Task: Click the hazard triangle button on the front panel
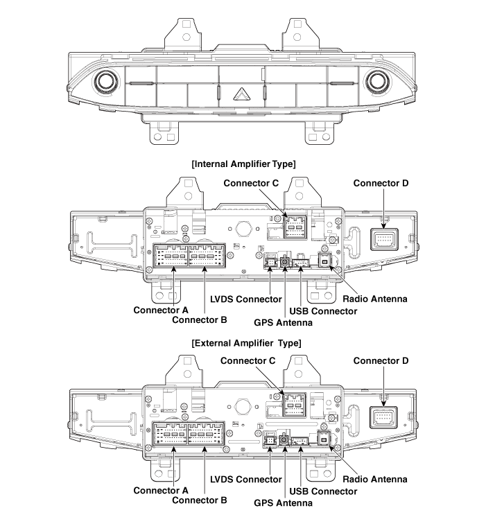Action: click(x=243, y=92)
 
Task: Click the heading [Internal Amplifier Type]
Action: click(x=243, y=164)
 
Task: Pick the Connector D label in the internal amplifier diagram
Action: click(x=381, y=183)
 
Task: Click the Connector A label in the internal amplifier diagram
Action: click(x=162, y=309)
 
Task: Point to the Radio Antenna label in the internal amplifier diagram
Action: click(x=375, y=299)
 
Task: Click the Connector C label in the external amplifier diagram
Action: click(x=248, y=361)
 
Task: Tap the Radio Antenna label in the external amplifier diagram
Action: click(x=375, y=479)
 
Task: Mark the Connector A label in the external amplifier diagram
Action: click(x=162, y=490)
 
